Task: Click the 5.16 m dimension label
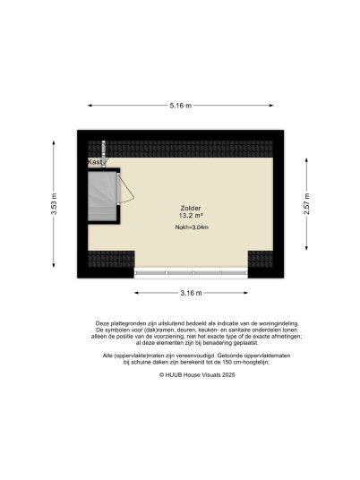[181, 106]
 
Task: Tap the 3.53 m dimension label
[54, 204]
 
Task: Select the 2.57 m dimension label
[307, 204]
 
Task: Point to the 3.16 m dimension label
[191, 293]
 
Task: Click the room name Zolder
[191, 209]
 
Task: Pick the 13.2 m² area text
[191, 216]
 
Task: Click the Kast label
[95, 162]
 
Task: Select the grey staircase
[102, 196]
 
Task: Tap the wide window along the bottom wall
[191, 273]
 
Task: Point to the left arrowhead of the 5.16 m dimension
[90, 106]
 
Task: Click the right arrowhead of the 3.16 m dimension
[245, 293]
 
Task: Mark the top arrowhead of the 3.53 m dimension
[54, 143]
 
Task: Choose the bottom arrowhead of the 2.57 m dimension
[307, 248]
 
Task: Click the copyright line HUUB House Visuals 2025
[197, 374]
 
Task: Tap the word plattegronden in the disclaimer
[124, 323]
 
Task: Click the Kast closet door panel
[104, 154]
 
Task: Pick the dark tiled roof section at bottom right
[261, 260]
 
